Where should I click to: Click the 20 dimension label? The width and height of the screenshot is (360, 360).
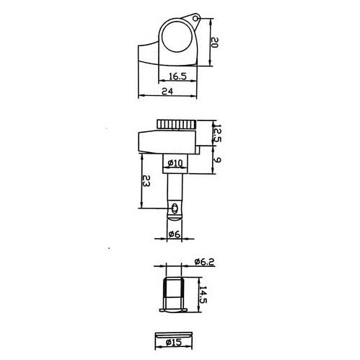coord(214,43)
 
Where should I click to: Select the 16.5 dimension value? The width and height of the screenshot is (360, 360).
coord(177,76)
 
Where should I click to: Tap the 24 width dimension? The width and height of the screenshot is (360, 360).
coord(167,92)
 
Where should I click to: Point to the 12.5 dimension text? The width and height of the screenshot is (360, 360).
coord(217,133)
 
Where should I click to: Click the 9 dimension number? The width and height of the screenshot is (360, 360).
coord(217,159)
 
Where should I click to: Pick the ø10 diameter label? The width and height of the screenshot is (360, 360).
coord(175,164)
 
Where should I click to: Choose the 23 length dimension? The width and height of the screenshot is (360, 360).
coord(146,181)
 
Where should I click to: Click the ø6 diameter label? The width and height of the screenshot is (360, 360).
coord(174,234)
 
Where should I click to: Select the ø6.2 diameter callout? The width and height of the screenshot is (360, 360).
coord(204,262)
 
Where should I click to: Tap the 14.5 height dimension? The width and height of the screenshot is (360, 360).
coord(203,294)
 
